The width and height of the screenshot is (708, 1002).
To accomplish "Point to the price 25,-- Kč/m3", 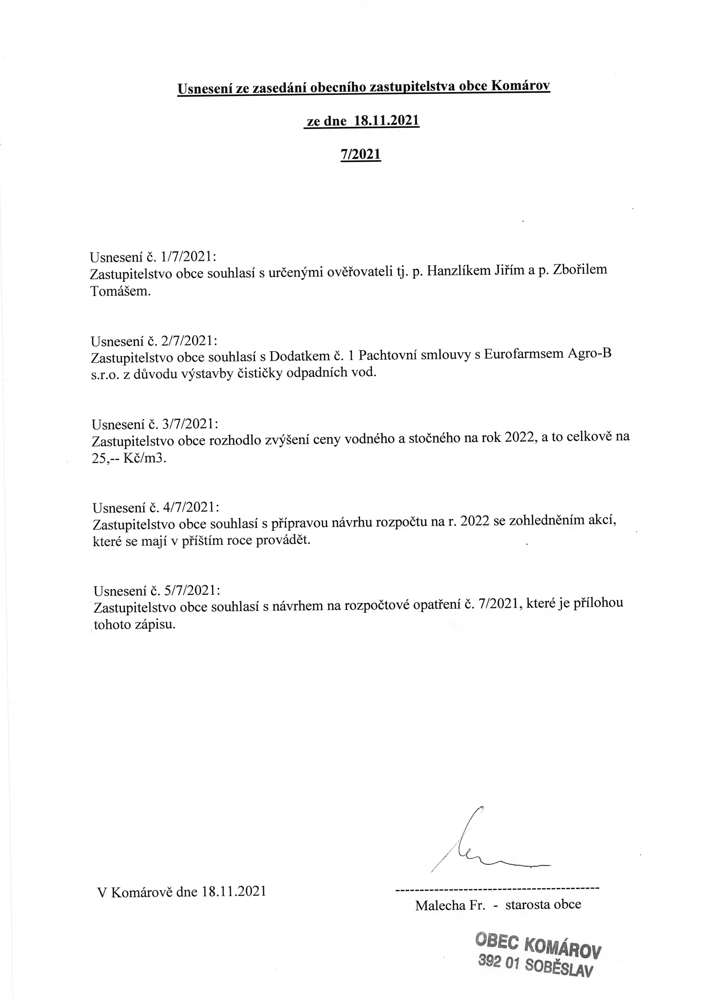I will pos(129,459).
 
